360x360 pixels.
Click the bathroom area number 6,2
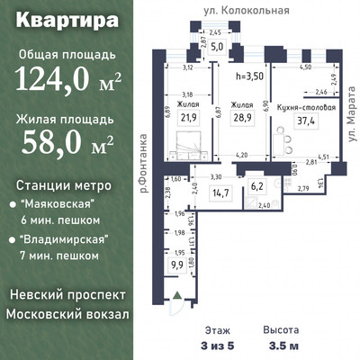[256, 187]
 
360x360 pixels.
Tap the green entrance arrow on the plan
[182, 300]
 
